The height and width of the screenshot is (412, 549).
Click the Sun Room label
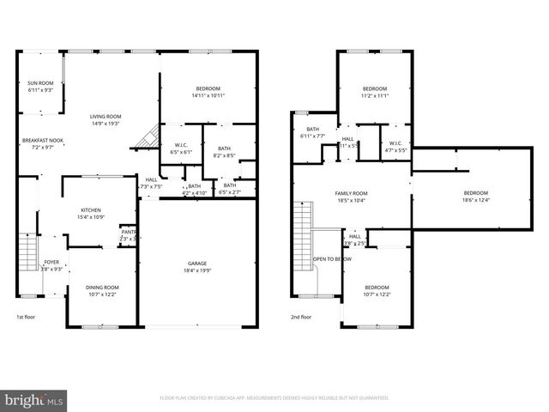tap(40, 83)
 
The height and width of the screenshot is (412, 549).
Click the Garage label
tap(197, 264)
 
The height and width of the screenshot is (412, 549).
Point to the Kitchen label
tap(92, 210)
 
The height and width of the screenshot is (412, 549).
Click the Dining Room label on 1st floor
tap(102, 288)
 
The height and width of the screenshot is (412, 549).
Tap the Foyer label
tap(52, 262)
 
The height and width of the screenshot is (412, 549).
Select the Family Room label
tap(351, 194)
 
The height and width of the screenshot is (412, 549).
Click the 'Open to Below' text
tap(332, 258)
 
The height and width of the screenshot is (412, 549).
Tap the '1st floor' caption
tap(27, 317)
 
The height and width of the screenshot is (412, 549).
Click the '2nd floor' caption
tap(300, 317)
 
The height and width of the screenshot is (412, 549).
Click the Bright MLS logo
tap(34, 399)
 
